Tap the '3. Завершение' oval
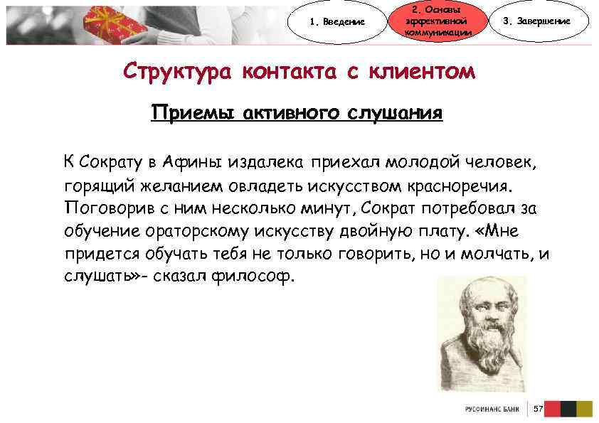[x=546, y=21]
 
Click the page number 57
[x=538, y=409]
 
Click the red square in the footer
[x=552, y=409]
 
